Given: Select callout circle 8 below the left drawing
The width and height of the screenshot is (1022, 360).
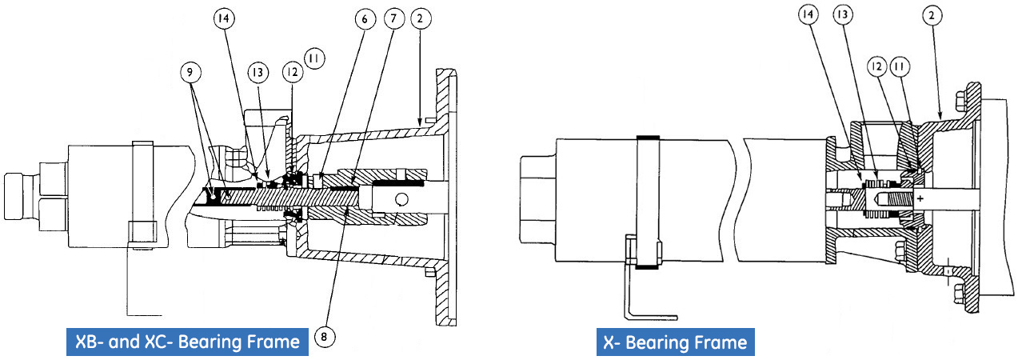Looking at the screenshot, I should (x=323, y=337).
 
